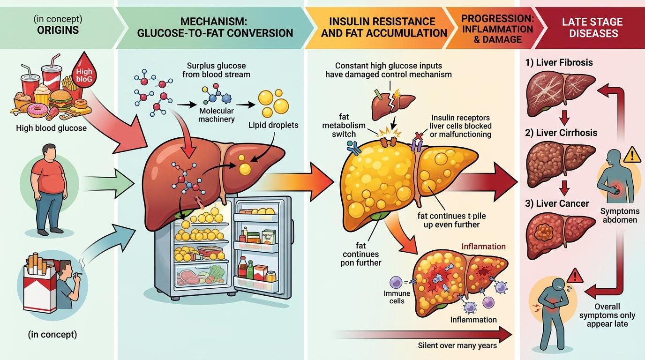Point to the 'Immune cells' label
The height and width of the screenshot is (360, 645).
coord(397,297)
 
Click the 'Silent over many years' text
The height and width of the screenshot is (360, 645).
coord(457,345)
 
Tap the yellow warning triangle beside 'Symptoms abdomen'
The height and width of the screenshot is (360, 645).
coord(633,154)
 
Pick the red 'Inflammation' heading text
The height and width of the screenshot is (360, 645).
coord(484,246)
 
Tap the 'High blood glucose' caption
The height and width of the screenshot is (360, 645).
coord(51,128)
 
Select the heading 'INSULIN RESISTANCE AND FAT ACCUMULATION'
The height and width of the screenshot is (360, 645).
coord(382,28)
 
